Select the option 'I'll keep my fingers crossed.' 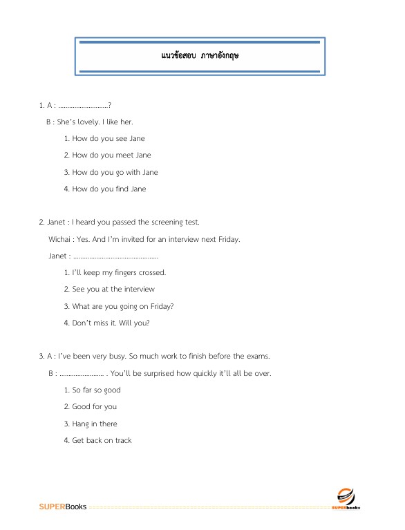tap(115, 272)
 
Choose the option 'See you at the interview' tap(109, 289)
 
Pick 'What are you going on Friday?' tap(118, 306)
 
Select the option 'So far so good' tap(96, 390)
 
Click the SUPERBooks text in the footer tap(63, 507)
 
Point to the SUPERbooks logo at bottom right tap(345, 498)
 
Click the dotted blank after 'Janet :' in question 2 tap(110, 256)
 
